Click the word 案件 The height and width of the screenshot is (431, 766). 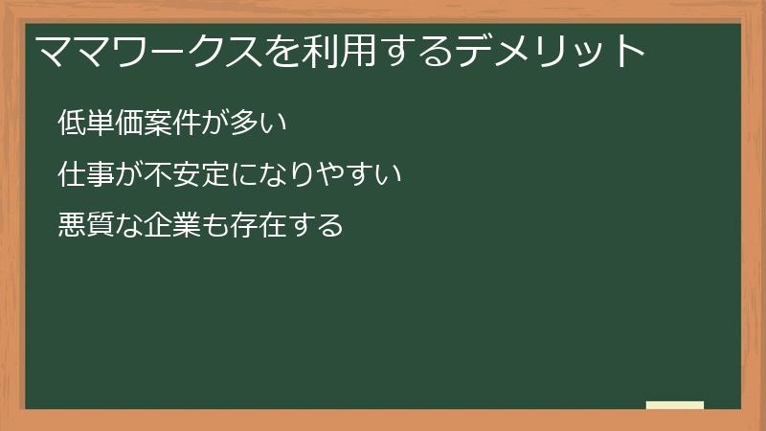click(170, 124)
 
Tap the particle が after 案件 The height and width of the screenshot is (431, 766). click(213, 124)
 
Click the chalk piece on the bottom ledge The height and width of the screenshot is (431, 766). click(675, 405)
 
